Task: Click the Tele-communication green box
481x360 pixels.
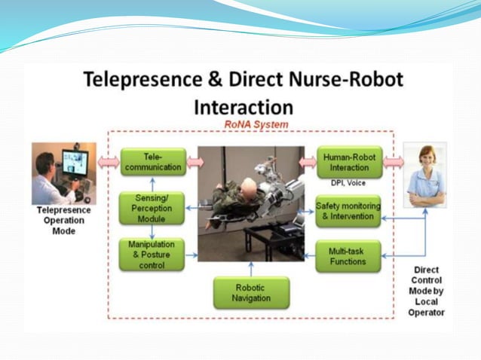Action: click(x=153, y=162)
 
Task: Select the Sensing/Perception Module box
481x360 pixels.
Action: click(x=152, y=208)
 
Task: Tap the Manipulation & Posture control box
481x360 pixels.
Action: click(x=152, y=254)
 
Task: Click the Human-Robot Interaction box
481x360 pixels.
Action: click(x=349, y=162)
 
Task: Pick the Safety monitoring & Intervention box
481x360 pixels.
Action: click(x=348, y=212)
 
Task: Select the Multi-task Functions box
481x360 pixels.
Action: click(x=348, y=256)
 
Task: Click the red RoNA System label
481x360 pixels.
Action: click(x=256, y=124)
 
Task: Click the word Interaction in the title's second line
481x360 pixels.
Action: click(x=243, y=106)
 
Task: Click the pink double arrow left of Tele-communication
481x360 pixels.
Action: click(x=109, y=162)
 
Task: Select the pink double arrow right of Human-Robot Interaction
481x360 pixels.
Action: click(x=393, y=162)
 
